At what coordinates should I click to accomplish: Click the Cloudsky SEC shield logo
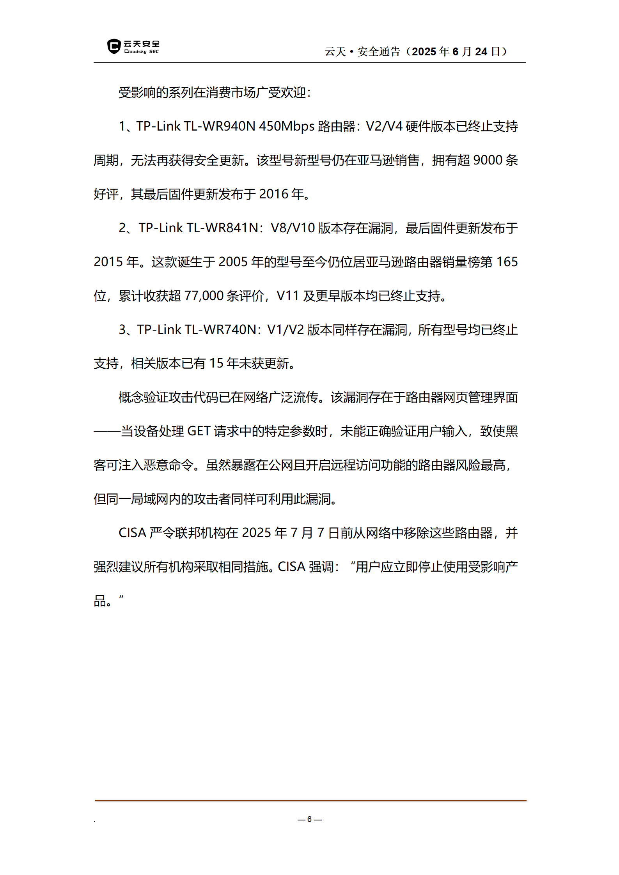114,46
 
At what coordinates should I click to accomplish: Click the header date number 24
481,51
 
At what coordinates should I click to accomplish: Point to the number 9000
488,160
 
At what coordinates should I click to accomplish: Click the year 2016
274,194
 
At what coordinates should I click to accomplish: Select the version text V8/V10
293,228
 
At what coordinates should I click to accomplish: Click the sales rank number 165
507,262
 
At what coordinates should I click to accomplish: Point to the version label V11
287,296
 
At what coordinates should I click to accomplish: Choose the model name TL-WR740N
220,330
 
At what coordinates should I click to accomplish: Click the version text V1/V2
285,330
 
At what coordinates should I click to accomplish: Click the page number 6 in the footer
309,819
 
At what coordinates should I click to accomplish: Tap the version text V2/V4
384,126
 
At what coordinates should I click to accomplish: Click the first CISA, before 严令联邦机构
132,533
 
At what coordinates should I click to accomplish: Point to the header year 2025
424,51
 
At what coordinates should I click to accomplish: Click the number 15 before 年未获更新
216,364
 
